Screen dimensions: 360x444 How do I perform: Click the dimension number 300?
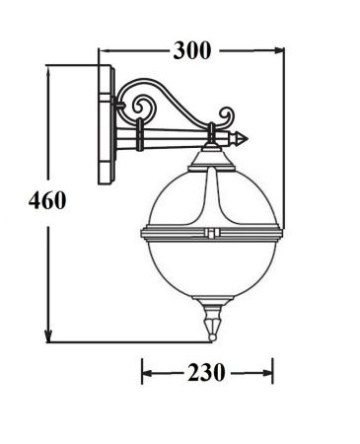[x=192, y=50]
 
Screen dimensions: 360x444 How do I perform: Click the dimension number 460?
[x=47, y=200]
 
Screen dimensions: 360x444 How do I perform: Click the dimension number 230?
[x=206, y=373]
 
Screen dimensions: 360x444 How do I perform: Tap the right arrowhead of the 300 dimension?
[x=279, y=50]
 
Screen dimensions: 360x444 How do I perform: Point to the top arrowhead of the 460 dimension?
[x=48, y=70]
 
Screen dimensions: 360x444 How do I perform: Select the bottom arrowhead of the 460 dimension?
[x=48, y=336]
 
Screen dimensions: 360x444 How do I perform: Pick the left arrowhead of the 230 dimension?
[x=147, y=373]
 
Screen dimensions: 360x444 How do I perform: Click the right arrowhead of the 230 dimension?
[x=268, y=373]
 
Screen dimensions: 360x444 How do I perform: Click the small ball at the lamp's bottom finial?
[x=212, y=337]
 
